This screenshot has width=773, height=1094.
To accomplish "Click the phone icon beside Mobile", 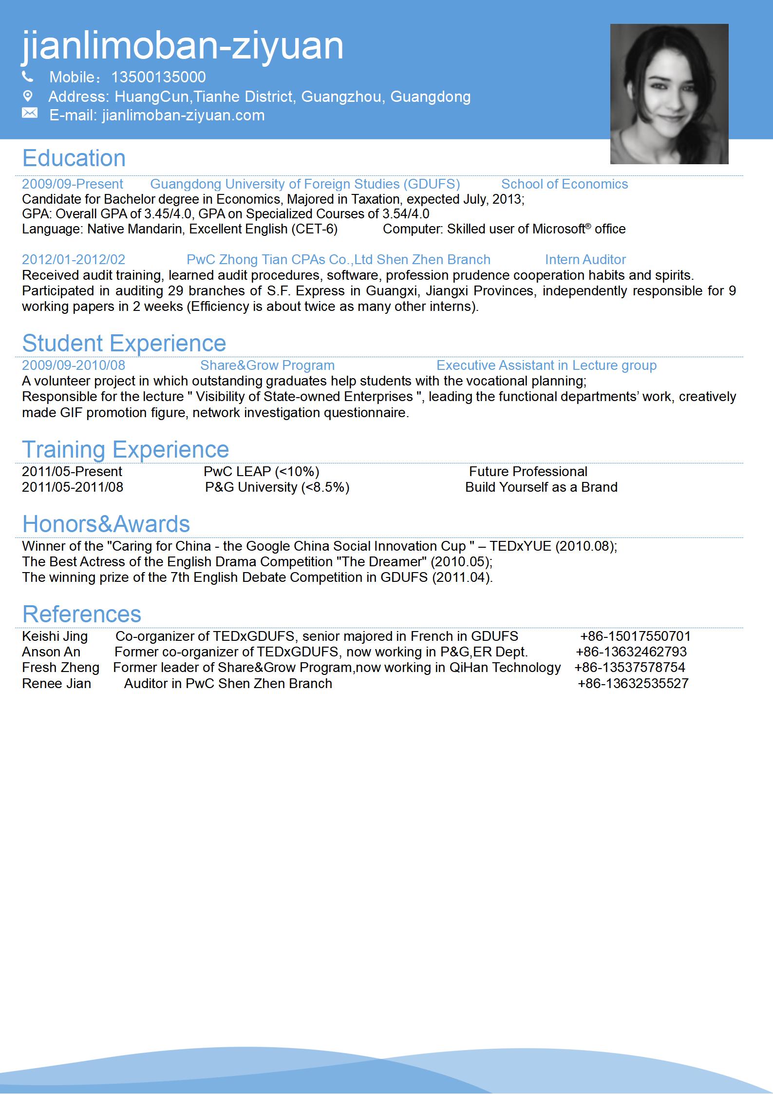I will (x=28, y=77).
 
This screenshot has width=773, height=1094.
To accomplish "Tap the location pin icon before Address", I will (x=28, y=96).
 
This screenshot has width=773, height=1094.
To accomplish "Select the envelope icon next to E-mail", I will (x=29, y=114).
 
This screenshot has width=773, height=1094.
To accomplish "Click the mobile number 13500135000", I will (x=158, y=77).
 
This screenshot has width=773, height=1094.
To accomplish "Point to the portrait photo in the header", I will (x=669, y=94).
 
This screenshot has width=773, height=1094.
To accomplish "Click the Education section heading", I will (x=74, y=158).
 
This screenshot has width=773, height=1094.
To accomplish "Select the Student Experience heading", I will (x=124, y=343).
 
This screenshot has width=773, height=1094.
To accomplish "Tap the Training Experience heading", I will (x=126, y=449).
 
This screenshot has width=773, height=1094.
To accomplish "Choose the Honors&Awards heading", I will (x=106, y=524).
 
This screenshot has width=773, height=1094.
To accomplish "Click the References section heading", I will (x=82, y=614).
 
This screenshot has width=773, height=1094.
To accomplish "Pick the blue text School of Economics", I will (x=565, y=184).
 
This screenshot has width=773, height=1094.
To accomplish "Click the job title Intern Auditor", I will (x=585, y=260).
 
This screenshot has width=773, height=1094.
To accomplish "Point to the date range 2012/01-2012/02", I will (x=74, y=260).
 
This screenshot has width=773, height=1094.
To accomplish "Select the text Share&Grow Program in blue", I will (x=267, y=365).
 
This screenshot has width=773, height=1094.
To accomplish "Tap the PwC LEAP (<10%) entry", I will (x=262, y=472).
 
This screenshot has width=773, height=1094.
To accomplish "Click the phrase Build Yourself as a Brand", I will (x=541, y=487).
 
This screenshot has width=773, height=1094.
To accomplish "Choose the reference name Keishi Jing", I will (x=55, y=636).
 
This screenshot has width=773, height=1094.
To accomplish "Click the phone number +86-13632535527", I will (x=633, y=684).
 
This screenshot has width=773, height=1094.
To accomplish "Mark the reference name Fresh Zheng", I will (x=61, y=668).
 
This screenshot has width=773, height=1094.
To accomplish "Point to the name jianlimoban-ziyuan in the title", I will (x=183, y=45).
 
